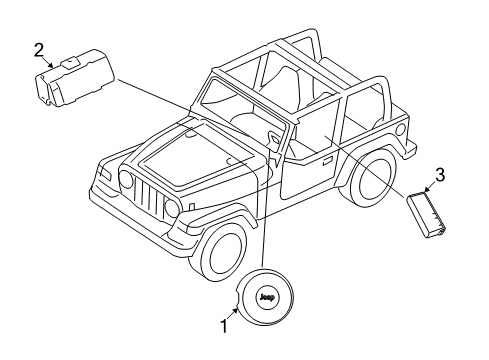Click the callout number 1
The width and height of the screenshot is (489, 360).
pos(225,325)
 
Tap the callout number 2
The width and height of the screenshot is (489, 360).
pos(39,48)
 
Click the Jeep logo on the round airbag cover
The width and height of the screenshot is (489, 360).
pos(266,297)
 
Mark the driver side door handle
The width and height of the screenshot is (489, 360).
pos(327,159)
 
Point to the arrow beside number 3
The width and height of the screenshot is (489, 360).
pos(429,184)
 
